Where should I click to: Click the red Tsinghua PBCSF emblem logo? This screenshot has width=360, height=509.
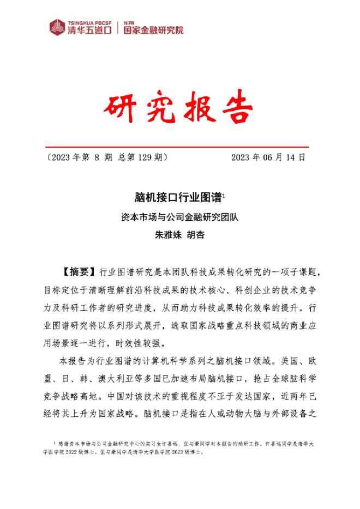coord(57,26)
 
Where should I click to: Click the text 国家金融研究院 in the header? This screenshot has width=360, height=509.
coord(154,29)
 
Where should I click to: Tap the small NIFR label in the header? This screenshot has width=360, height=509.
coord(128,21)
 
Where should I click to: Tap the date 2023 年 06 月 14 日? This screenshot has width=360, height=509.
coord(268,157)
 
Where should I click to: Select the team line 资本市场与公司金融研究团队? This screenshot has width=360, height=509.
coord(180,216)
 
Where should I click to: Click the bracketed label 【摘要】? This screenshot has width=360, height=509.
coord(77,271)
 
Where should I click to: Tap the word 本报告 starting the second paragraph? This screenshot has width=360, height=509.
coord(70,361)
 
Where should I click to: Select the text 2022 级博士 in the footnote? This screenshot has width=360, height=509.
coord(88,452)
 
